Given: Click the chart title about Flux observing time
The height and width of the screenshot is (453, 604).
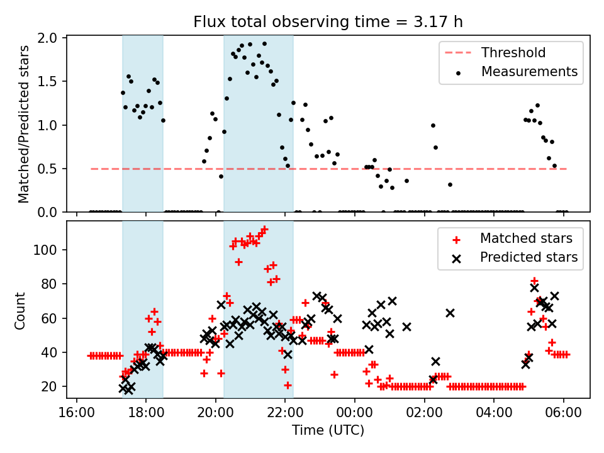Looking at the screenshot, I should coord(328,23).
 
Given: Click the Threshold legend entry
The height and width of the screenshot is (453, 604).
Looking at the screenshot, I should coord(513,52).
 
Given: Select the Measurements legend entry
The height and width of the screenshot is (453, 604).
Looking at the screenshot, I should coord(529,72).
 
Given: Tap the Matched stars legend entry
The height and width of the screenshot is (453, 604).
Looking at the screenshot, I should coord(526,238).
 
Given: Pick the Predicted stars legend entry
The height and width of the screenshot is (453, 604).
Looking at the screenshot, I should coord(528,257).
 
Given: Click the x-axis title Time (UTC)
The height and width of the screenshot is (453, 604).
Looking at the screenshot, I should coord(328,431).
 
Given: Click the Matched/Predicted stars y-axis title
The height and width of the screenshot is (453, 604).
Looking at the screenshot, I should coord(23,124).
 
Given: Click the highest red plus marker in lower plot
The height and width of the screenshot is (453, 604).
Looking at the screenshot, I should coord(264,229).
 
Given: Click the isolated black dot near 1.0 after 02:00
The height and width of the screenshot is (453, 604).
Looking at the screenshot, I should coord(433,125).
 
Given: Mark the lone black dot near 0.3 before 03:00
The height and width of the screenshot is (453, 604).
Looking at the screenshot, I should coord(450,184).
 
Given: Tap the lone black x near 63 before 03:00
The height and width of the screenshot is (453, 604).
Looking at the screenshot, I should coord(450,313).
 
